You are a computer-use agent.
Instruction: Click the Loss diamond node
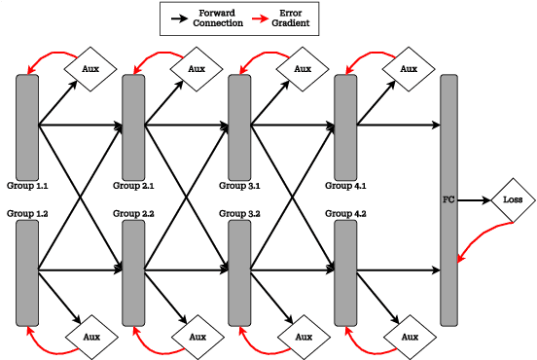pyautogui.click(x=513, y=199)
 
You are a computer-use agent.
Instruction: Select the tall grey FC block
pyautogui.click(x=448, y=199)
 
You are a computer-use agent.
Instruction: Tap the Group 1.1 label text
pyautogui.click(x=28, y=185)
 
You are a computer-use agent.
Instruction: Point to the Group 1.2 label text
pyautogui.click(x=28, y=213)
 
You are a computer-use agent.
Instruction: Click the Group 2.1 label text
pyautogui.click(x=133, y=185)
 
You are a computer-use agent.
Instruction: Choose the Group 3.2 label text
pyautogui.click(x=239, y=213)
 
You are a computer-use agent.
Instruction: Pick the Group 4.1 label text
pyautogui.click(x=345, y=185)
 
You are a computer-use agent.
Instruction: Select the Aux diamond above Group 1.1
pyautogui.click(x=90, y=69)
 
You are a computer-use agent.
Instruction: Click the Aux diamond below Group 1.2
pyautogui.click(x=90, y=337)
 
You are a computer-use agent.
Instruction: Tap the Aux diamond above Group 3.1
pyautogui.click(x=303, y=69)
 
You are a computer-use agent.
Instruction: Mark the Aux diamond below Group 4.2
pyautogui.click(x=409, y=337)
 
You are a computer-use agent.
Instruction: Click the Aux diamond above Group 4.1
pyautogui.click(x=409, y=69)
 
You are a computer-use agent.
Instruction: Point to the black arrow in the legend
pyautogui.click(x=179, y=18)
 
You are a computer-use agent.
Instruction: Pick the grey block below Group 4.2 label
pyautogui.click(x=345, y=272)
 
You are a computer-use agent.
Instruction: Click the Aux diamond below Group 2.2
pyautogui.click(x=197, y=337)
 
